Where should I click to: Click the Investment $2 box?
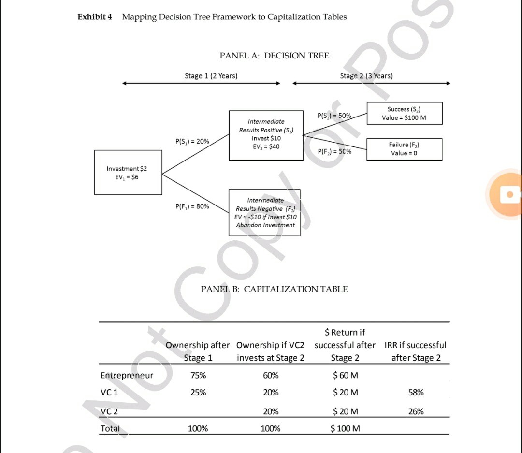coord(128,173)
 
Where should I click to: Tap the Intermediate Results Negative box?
coord(265,212)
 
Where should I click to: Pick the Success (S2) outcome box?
coord(405,114)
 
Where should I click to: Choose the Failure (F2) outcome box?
coord(404,149)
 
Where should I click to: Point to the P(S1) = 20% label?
coord(192,141)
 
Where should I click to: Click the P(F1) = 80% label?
coord(192,206)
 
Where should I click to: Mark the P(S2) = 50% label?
coord(334,116)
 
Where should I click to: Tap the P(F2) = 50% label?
coord(334,151)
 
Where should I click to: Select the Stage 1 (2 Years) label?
coord(211,76)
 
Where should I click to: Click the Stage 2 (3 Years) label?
coord(366,76)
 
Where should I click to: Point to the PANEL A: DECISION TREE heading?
coord(274,56)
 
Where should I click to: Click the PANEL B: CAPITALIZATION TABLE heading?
coord(274,289)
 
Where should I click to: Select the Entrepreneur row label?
coord(127,375)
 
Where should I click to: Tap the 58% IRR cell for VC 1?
coord(416,392)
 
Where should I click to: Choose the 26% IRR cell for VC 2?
coord(416,411)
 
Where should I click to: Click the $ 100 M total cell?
coord(345,428)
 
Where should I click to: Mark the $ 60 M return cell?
coord(345,375)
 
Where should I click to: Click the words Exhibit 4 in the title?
coord(95,17)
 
